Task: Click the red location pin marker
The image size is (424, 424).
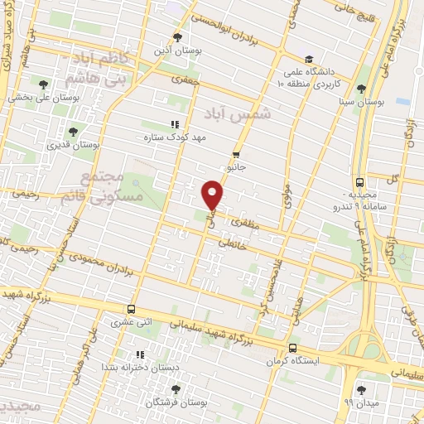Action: [x=213, y=195]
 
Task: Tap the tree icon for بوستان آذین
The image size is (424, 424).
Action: [x=176, y=36]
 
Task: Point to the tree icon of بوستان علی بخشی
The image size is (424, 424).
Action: [x=44, y=84]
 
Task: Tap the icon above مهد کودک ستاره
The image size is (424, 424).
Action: [x=174, y=124]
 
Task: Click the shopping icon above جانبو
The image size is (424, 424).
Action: [x=236, y=154]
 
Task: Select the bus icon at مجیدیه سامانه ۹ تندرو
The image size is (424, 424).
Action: [x=359, y=182]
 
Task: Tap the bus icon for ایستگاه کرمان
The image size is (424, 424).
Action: [x=292, y=349]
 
